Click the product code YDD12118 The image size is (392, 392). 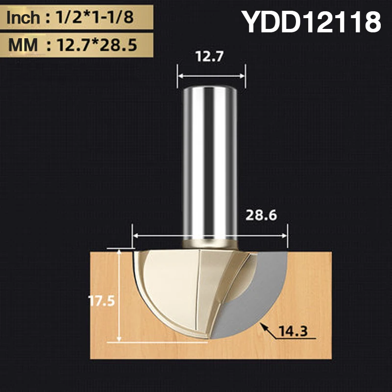(x=312, y=22)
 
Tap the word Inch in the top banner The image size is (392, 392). (x=23, y=18)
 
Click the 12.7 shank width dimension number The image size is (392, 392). (x=210, y=57)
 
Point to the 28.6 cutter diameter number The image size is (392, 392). (x=261, y=215)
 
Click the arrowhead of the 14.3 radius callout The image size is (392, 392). (x=263, y=325)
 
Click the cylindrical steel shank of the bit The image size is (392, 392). (x=210, y=162)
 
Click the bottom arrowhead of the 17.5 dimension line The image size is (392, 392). (x=120, y=339)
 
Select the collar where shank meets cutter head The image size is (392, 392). (x=210, y=243)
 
